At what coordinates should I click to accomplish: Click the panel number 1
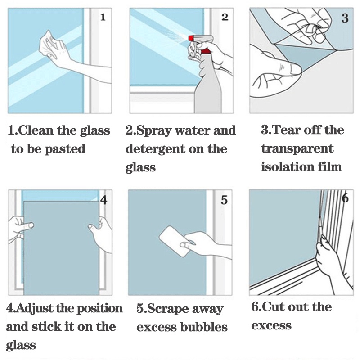(x=103, y=17)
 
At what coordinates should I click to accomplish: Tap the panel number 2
(x=225, y=17)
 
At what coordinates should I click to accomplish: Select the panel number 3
(x=345, y=18)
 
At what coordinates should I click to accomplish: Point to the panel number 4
(x=104, y=200)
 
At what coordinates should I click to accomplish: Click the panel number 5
(x=224, y=200)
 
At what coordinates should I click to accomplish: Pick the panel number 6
(x=345, y=198)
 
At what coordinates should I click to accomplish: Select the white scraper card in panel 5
(x=175, y=242)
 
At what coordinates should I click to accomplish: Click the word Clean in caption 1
(x=36, y=130)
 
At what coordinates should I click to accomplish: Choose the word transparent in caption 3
(x=297, y=148)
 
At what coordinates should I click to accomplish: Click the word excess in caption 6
(x=271, y=325)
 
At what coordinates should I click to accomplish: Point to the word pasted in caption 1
(x=65, y=149)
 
